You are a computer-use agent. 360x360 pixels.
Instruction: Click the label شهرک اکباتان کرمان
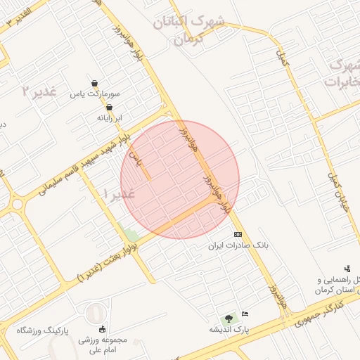pyautogui.click(x=190, y=32)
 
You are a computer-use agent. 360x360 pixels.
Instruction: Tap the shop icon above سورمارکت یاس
pyautogui.click(x=95, y=82)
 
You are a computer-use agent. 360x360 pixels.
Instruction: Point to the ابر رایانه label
pyautogui.click(x=110, y=117)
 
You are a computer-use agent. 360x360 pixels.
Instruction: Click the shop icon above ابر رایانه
pyautogui.click(x=109, y=107)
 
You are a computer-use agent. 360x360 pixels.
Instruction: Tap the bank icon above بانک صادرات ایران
pyautogui.click(x=238, y=235)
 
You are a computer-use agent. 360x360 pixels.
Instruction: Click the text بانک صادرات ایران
pyautogui.click(x=238, y=247)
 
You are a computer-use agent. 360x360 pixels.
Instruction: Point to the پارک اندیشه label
pyautogui.click(x=229, y=328)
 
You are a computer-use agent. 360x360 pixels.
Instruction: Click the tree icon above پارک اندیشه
pyautogui.click(x=229, y=318)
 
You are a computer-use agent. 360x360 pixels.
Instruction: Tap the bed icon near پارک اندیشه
pyautogui.click(x=245, y=314)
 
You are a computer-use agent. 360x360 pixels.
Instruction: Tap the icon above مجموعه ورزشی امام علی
pyautogui.click(x=103, y=329)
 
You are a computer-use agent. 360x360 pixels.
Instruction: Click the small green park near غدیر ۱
pyautogui.click(x=129, y=232)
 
